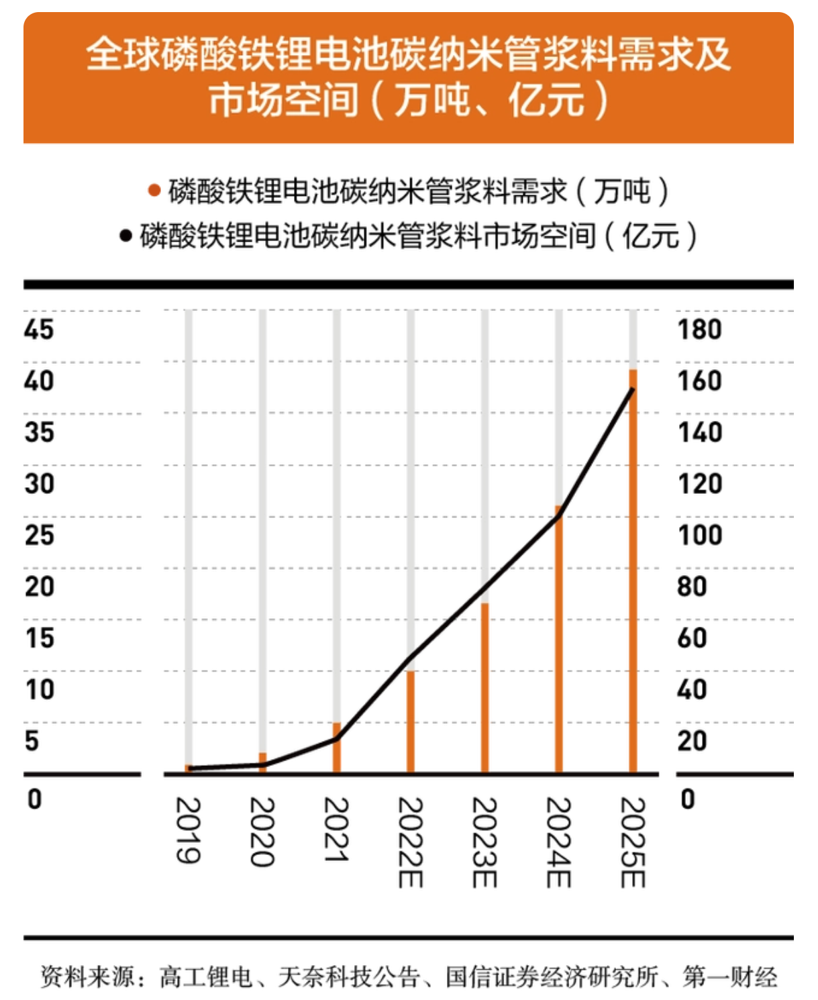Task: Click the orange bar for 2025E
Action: pos(632,570)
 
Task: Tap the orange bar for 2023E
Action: pos(484,688)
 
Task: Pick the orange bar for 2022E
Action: pos(411,721)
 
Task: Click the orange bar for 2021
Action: pos(337,748)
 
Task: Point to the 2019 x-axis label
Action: pos(188,830)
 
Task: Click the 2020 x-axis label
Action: pos(262,832)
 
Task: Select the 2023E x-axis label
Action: pos(484,842)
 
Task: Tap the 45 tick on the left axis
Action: pos(39,330)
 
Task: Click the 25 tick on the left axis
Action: pos(39,536)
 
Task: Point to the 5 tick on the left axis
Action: pos(32,741)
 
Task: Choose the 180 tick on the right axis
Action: pos(699,330)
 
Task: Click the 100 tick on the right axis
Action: pos(699,536)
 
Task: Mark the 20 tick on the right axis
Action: pos(692,741)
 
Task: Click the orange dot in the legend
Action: pos(154,191)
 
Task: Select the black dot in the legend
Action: pos(125,236)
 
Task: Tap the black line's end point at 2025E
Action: pos(632,389)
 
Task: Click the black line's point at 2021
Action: pos(337,739)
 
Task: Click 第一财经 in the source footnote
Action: pos(730,977)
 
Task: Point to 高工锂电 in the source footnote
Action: pos(205,977)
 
